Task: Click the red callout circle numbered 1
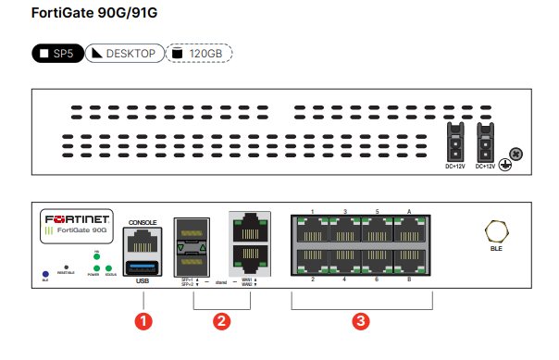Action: tap(142, 321)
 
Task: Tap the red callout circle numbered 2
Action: tap(220, 321)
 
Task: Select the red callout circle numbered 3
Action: tap(362, 321)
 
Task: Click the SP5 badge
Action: tap(57, 53)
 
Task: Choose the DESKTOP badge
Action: tap(126, 53)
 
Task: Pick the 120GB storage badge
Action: tap(201, 53)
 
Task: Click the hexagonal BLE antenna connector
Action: tap(494, 230)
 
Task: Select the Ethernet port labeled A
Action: tap(409, 229)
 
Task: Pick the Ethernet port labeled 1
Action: tap(312, 229)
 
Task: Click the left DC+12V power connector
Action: tap(454, 143)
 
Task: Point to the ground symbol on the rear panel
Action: tap(505, 165)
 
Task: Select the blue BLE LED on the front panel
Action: tap(44, 273)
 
